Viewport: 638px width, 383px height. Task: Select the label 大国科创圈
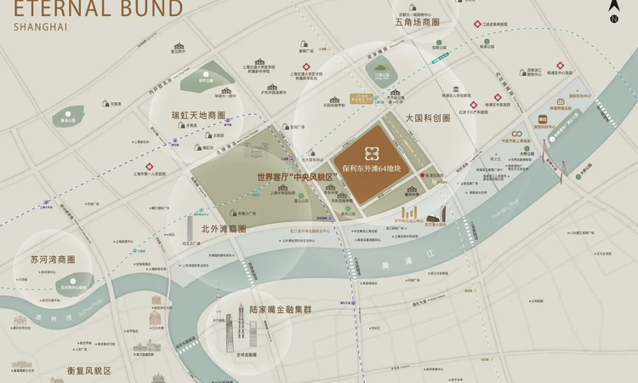point(427,118)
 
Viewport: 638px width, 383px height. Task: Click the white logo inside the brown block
point(372,153)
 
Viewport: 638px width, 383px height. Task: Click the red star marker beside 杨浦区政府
point(422,174)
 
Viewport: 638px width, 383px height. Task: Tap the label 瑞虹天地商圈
point(197,115)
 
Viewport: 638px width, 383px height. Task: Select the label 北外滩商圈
point(223,229)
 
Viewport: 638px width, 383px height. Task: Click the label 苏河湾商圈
point(53,260)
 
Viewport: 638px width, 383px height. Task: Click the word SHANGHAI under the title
point(40,27)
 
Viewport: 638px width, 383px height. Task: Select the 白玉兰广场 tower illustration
point(190,228)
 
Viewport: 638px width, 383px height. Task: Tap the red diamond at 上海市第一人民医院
point(149,166)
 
